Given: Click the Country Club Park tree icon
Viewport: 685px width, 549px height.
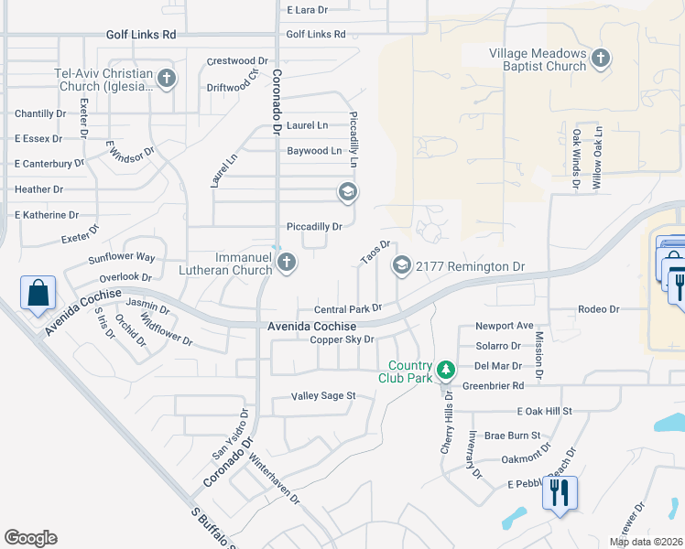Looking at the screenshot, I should click(446, 370).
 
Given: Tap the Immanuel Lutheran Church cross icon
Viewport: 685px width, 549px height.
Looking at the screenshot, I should click(287, 264).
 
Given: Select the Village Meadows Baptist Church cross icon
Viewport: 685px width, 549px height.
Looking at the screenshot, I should click(601, 59).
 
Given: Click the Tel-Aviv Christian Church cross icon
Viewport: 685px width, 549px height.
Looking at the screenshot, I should click(167, 79).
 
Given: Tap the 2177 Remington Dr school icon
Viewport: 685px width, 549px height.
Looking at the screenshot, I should click(401, 265).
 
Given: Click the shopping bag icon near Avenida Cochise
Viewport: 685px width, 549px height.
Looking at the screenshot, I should click(38, 294).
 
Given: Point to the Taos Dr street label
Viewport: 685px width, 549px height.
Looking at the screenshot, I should click(375, 253).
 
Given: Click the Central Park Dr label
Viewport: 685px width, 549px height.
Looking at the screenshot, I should click(347, 309).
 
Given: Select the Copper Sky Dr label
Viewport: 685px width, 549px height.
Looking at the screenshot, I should click(342, 339).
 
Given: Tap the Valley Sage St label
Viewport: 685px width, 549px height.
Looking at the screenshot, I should click(322, 396).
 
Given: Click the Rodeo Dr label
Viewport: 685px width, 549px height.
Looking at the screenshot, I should click(599, 309).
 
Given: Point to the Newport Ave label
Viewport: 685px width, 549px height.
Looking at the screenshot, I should click(504, 326).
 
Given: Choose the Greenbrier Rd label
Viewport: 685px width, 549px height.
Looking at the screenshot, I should click(493, 385).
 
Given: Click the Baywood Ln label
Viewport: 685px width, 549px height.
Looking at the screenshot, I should click(314, 150).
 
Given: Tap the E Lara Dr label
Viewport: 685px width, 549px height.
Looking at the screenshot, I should click(307, 10).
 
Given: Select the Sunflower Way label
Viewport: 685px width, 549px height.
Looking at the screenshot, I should click(122, 258).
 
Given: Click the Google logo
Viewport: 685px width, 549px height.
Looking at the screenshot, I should click(30, 538).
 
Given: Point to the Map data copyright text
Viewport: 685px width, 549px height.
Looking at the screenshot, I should click(646, 542).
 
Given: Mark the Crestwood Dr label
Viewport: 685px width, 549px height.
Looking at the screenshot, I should click(237, 61).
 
